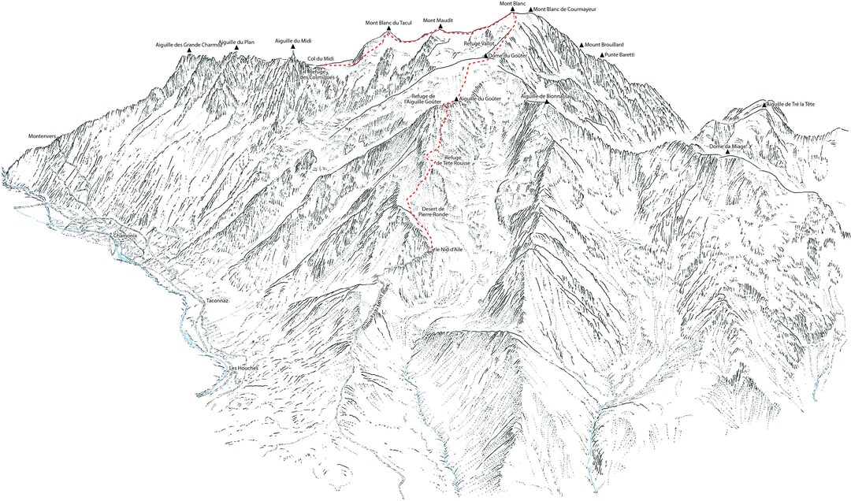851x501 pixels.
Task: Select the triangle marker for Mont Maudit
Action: (440, 27)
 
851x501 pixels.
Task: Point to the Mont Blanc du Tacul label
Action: (388, 23)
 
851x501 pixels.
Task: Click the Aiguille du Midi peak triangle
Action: (293, 47)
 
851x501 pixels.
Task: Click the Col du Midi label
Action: (321, 58)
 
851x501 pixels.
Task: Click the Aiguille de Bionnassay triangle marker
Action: (547, 102)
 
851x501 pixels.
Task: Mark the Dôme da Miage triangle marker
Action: (727, 152)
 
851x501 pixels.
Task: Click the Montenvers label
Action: (45, 135)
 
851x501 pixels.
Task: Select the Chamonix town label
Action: (125, 236)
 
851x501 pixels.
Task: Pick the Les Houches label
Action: (243, 368)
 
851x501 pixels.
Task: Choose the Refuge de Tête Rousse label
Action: (458, 161)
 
